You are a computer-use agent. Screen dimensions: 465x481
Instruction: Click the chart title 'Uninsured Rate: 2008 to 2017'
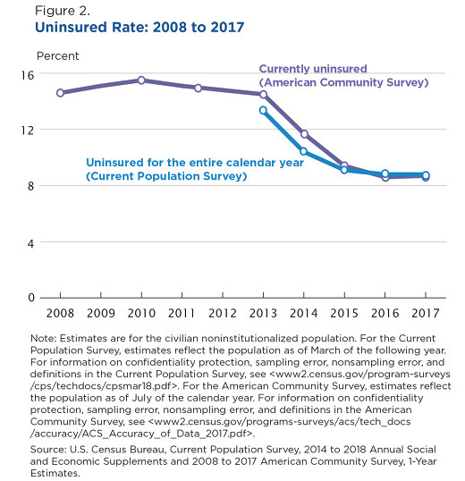click(x=139, y=28)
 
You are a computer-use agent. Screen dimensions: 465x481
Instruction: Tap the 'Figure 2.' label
click(x=63, y=11)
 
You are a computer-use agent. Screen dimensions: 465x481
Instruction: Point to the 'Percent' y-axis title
click(x=57, y=56)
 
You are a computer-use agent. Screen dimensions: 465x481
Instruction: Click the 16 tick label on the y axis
click(x=28, y=75)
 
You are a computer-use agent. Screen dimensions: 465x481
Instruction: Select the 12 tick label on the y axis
click(x=28, y=131)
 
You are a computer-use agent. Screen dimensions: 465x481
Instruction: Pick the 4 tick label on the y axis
click(x=30, y=244)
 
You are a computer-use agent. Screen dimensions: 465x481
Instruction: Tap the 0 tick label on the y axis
click(x=31, y=298)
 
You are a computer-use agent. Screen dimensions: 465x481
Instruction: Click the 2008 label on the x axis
click(x=60, y=313)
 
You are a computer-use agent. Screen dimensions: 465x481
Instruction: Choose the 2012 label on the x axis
click(x=223, y=313)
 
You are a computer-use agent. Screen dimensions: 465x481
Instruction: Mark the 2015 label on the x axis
click(x=344, y=313)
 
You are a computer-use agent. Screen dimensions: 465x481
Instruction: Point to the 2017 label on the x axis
click(x=426, y=313)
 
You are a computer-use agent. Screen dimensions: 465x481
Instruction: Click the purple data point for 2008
click(x=60, y=93)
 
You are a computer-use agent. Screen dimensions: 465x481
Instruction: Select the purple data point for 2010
click(x=141, y=80)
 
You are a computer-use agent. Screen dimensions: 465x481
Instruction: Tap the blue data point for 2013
click(x=263, y=110)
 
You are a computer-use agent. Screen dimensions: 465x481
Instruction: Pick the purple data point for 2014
click(x=304, y=134)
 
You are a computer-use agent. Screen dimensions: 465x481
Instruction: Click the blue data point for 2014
click(x=303, y=151)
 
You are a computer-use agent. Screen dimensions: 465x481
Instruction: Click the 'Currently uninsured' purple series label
click(x=313, y=69)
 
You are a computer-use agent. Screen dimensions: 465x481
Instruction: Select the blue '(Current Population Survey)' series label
click(x=166, y=176)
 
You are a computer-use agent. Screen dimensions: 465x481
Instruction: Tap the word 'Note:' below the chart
click(x=43, y=338)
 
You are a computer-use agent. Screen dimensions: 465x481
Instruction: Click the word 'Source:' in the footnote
click(x=48, y=450)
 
